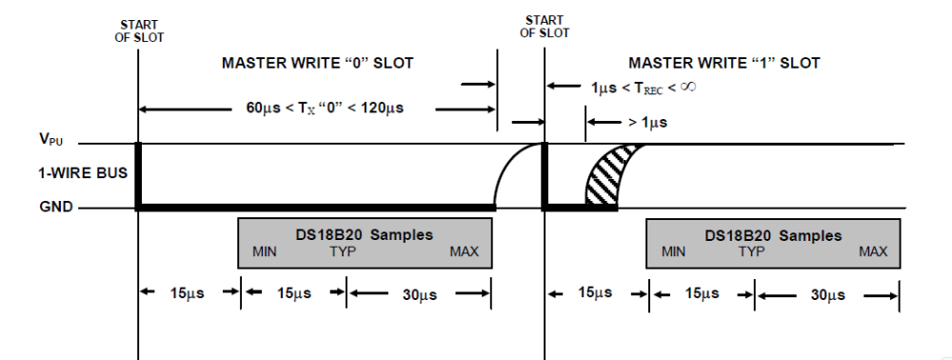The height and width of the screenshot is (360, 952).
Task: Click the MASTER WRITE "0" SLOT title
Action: tap(317, 63)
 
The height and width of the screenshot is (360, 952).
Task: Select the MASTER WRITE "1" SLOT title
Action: tap(724, 63)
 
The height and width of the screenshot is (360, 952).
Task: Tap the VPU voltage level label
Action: tap(51, 139)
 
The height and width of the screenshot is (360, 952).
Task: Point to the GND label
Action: tap(56, 207)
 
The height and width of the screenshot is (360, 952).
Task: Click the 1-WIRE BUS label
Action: tap(83, 173)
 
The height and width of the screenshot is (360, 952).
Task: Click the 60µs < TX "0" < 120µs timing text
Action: tap(325, 109)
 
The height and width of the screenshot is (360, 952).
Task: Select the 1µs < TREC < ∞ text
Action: tap(644, 87)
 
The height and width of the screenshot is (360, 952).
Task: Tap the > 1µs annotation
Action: tap(647, 123)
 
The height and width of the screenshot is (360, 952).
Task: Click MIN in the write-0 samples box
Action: tap(265, 251)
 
